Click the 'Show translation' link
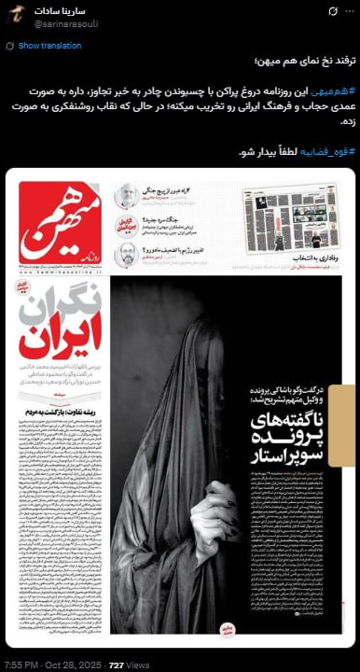click(x=43, y=45)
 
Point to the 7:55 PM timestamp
click(x=21, y=664)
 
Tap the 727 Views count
click(x=129, y=664)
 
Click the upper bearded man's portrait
click(x=126, y=197)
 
